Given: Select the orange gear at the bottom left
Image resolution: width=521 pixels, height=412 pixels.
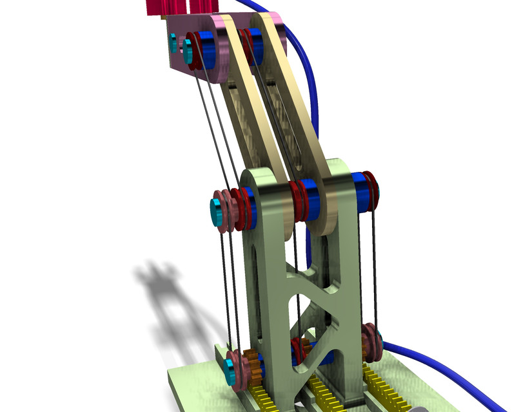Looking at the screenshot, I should point(255,373).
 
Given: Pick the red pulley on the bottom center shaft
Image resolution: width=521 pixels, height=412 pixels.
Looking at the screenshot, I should point(300,351).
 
